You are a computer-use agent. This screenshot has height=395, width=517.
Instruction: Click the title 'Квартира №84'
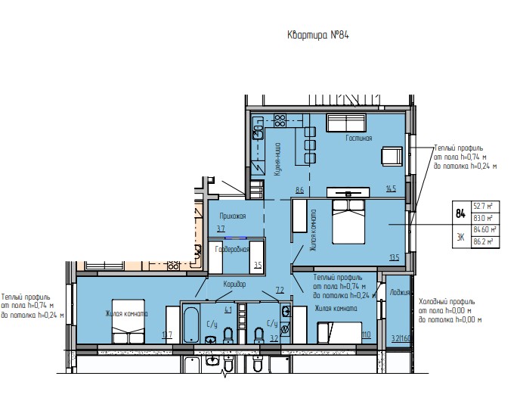[x=317, y=35]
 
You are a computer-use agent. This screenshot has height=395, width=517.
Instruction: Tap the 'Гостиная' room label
[x=359, y=138]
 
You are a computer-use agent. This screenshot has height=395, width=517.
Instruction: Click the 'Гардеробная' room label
[x=233, y=249]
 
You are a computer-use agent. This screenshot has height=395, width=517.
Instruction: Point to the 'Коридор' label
[x=235, y=284]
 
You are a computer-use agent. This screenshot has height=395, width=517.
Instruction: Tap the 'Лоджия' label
[x=399, y=291]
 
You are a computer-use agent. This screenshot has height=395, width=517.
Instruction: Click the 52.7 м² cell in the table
[x=483, y=206]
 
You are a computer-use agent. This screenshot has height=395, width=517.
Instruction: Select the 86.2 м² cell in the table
[x=483, y=242]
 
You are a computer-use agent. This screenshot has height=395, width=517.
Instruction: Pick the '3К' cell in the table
[x=460, y=237]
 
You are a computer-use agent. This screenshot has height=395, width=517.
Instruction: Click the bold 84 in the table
[x=460, y=213]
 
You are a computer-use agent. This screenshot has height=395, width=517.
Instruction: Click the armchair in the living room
[x=391, y=156]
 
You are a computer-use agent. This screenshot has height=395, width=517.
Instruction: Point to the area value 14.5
[x=391, y=188]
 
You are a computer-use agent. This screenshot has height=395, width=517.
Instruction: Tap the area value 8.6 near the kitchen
[x=299, y=190]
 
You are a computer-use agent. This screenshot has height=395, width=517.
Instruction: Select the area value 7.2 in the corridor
[x=279, y=290]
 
